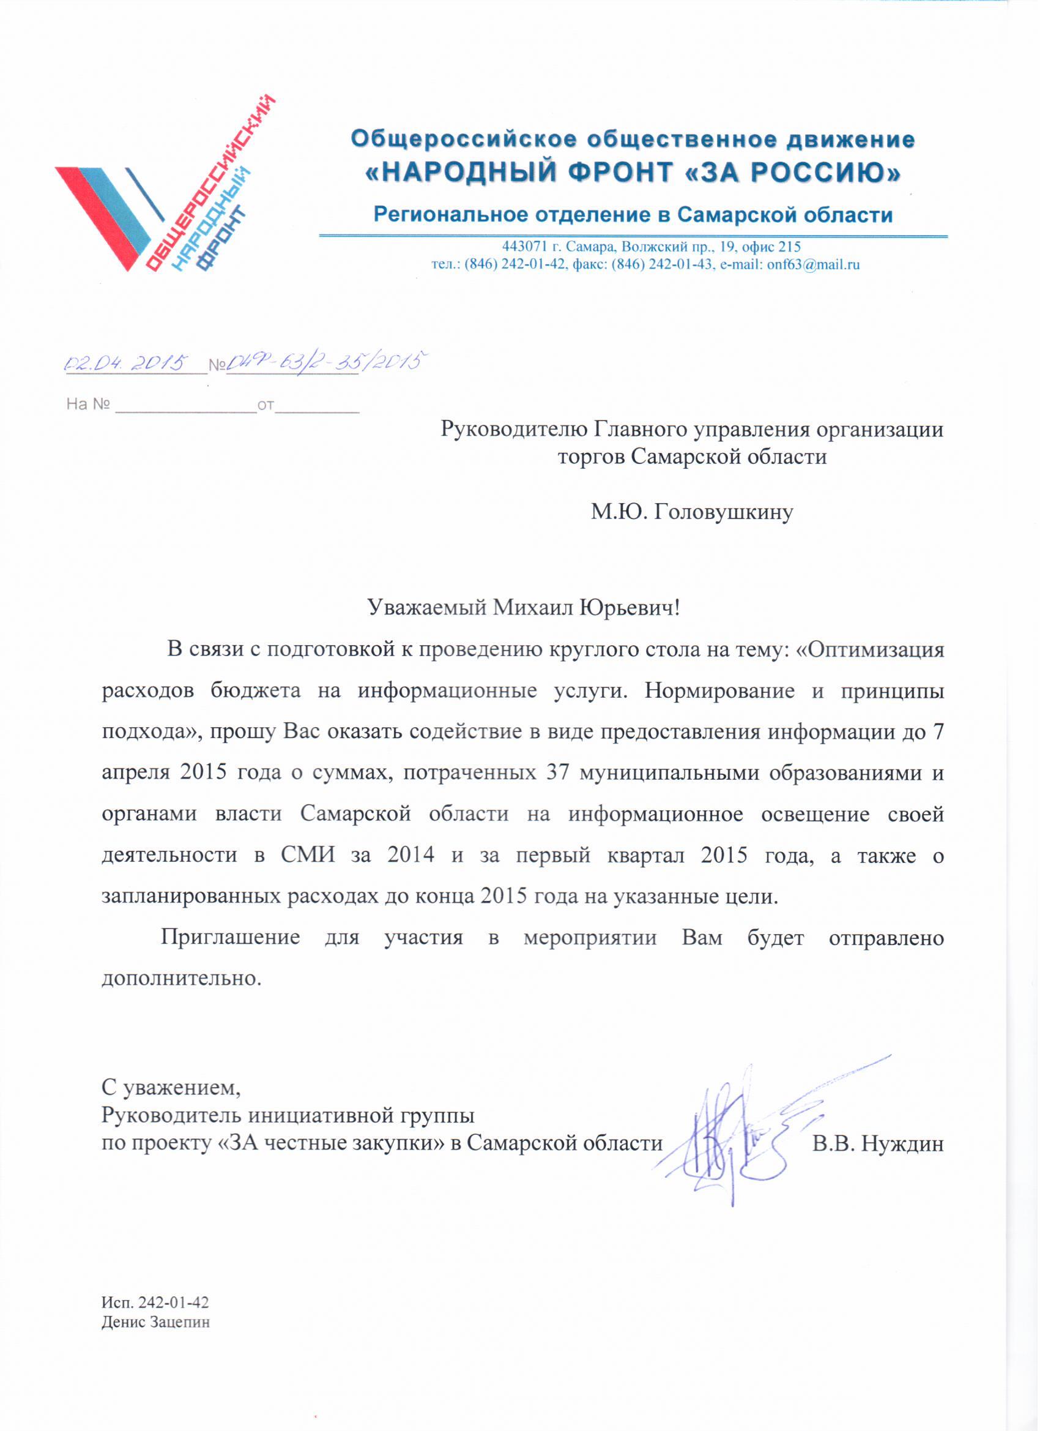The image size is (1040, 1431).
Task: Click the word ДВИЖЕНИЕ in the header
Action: click(850, 140)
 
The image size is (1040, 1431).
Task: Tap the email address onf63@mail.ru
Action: click(813, 265)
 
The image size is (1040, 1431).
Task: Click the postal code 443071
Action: click(526, 247)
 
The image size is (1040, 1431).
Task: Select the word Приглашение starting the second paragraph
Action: click(230, 938)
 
